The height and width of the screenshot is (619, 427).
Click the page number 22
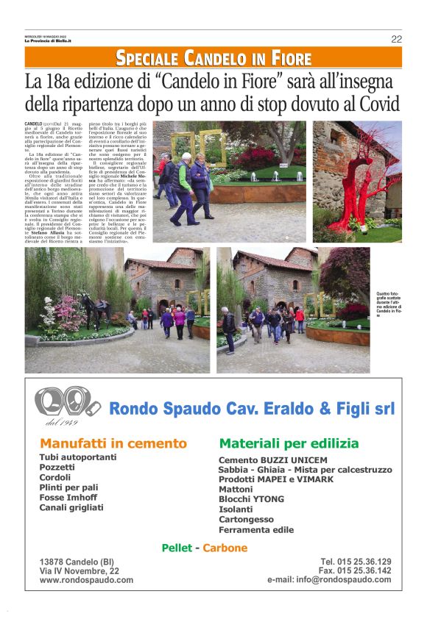tap(396, 39)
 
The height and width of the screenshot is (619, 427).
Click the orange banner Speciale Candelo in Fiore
tap(213, 59)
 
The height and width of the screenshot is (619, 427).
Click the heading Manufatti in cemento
tap(113, 444)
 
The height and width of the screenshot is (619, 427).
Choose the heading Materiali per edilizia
tap(289, 444)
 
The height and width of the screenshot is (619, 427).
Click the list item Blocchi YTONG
tap(250, 499)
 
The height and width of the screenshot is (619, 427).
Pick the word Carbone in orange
tap(225, 548)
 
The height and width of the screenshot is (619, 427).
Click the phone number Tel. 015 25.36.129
tap(356, 562)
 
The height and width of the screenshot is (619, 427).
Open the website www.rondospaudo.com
tap(87, 580)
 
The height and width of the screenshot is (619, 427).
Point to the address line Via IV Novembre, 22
tap(80, 571)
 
